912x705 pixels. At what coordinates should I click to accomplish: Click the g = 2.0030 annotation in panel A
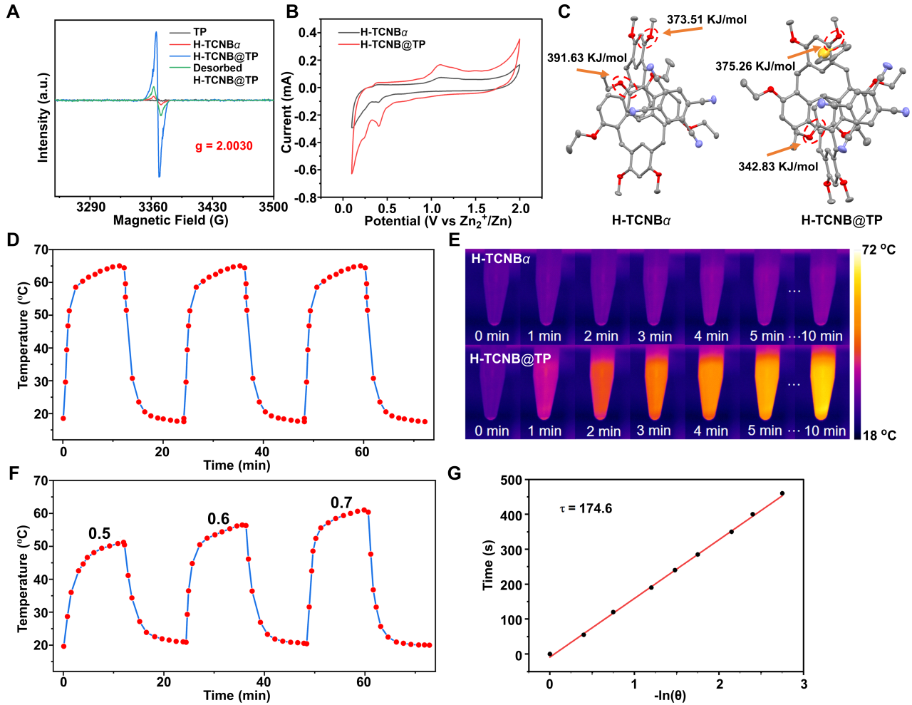[224, 146]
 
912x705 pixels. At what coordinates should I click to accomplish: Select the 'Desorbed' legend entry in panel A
[217, 68]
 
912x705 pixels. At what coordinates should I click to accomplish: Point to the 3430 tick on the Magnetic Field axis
[212, 207]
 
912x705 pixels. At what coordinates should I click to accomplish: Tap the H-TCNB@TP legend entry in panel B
[393, 44]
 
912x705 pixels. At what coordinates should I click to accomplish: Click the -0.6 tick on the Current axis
[308, 170]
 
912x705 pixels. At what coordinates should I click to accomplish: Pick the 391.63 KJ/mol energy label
[587, 58]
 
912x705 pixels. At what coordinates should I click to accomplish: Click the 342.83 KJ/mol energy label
[778, 167]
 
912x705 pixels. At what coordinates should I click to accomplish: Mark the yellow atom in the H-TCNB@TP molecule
[824, 52]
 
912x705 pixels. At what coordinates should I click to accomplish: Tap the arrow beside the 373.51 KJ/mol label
[683, 30]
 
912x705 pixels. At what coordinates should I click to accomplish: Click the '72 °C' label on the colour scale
[879, 250]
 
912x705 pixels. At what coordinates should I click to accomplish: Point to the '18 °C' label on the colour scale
[879, 436]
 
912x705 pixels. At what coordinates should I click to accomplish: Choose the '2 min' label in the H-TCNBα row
[601, 336]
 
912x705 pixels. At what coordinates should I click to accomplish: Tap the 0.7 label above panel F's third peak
[341, 503]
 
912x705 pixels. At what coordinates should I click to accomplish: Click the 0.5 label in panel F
[99, 534]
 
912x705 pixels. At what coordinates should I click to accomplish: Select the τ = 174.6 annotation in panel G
[586, 509]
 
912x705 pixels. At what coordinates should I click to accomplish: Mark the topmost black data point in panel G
[782, 493]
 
